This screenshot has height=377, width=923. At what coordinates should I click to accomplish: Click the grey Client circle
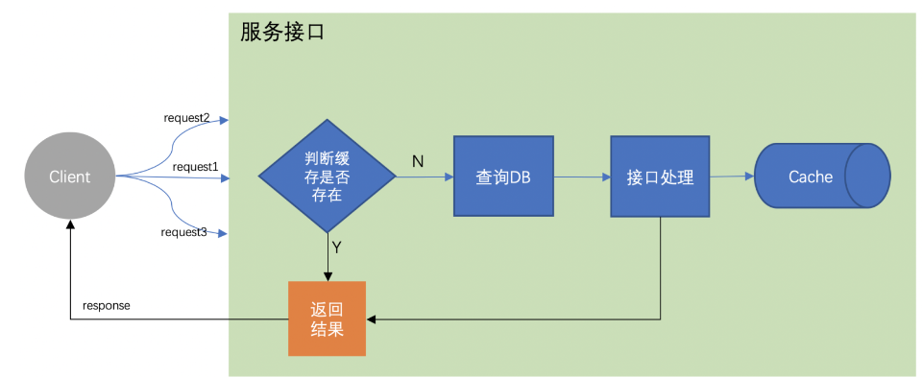coord(69,177)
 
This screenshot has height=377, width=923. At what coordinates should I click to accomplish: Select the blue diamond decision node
coord(327,177)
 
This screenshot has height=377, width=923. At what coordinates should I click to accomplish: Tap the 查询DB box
coord(503,177)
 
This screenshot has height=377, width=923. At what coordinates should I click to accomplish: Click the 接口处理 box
coord(660,177)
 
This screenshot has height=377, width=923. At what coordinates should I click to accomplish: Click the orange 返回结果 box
coord(328,318)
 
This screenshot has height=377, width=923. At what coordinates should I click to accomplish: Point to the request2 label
coord(186,118)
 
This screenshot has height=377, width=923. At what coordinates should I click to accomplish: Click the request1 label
coord(195,167)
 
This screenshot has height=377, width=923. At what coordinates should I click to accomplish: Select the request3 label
coord(184,232)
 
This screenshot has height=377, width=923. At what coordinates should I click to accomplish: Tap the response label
coord(106,305)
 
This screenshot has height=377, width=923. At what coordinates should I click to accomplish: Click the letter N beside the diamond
coord(418,161)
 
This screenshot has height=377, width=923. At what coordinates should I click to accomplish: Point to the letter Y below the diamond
coord(336,247)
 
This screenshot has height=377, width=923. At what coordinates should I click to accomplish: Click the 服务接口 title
coord(282,32)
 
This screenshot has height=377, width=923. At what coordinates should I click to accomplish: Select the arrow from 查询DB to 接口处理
coord(581,177)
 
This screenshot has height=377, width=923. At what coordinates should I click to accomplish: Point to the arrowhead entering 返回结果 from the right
coord(372,318)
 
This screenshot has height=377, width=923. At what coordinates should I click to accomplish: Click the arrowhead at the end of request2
coord(224,121)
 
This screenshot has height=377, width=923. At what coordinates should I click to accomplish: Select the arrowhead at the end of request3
coord(224,233)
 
